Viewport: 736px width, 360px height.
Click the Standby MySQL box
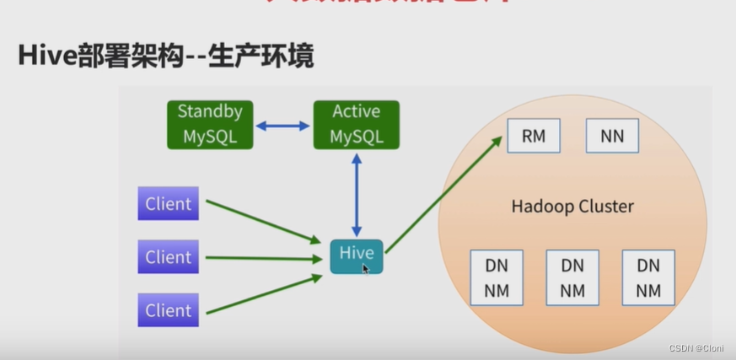point(210,124)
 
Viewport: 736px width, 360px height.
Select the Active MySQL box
point(356,124)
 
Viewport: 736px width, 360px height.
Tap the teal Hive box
point(356,255)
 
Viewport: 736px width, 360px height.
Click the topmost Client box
point(169,203)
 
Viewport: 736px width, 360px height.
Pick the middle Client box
point(169,256)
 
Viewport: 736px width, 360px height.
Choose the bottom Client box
point(169,309)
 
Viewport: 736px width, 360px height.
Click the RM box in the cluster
point(534,136)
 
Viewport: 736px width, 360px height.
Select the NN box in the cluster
point(612,136)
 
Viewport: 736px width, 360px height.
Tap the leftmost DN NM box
point(497,278)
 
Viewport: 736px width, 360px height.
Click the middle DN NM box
point(572,278)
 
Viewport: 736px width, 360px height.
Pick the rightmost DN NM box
point(647,278)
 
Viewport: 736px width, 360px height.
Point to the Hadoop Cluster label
point(572,207)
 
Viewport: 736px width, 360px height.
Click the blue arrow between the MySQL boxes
point(283,126)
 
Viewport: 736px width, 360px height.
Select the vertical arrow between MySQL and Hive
point(357,193)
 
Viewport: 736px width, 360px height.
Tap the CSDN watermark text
point(697,348)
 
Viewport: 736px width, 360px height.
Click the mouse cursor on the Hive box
point(366,269)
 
